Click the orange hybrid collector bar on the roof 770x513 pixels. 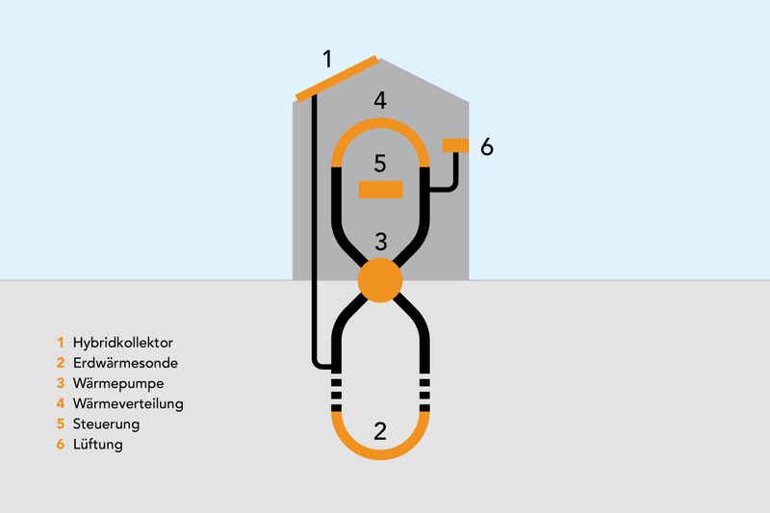[x=337, y=79]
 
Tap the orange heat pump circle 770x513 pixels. [x=380, y=280]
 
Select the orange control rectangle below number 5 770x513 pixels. [x=380, y=190]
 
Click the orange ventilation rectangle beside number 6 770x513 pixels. [x=455, y=145]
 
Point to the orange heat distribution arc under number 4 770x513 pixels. [x=380, y=124]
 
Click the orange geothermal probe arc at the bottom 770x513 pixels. [x=380, y=453]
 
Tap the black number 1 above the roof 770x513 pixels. [x=327, y=59]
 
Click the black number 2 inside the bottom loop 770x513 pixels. [x=380, y=431]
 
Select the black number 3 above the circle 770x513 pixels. [x=380, y=242]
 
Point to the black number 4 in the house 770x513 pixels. [x=380, y=100]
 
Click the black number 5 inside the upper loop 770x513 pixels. [x=380, y=164]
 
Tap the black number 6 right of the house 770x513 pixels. [x=487, y=147]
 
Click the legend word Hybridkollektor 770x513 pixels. [x=123, y=343]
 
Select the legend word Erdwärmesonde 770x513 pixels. [x=125, y=363]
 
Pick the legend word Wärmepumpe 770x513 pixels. [x=118, y=383]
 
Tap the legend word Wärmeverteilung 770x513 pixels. [x=128, y=403]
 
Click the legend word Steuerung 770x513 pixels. [x=106, y=424]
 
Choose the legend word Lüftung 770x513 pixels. [x=98, y=445]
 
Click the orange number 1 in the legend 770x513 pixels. [x=61, y=343]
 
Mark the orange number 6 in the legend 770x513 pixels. [x=61, y=445]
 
